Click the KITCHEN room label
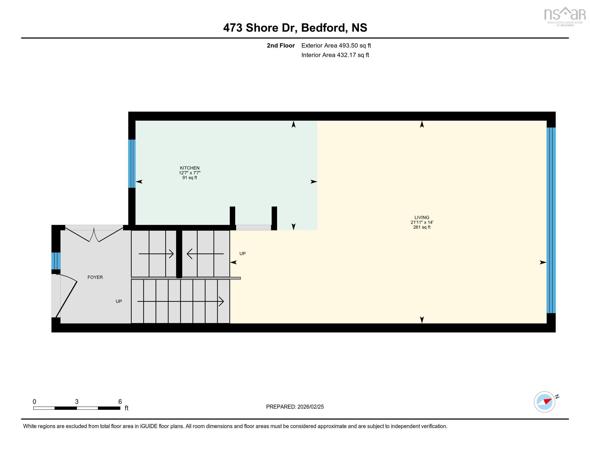pos(190,168)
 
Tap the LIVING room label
pos(422,218)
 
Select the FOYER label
pos(95,277)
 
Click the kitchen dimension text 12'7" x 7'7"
pos(190,173)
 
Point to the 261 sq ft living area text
pos(422,227)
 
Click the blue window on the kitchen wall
pos(132,163)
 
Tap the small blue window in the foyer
pos(56,261)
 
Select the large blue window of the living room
pos(551,220)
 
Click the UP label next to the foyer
pos(119,301)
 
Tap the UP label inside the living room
pos(243,253)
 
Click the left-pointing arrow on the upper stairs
pos(205,254)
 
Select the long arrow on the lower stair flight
pos(180,301)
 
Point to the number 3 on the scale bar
pos(77,402)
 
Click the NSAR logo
pos(565,16)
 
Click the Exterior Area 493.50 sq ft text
pos(336,45)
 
